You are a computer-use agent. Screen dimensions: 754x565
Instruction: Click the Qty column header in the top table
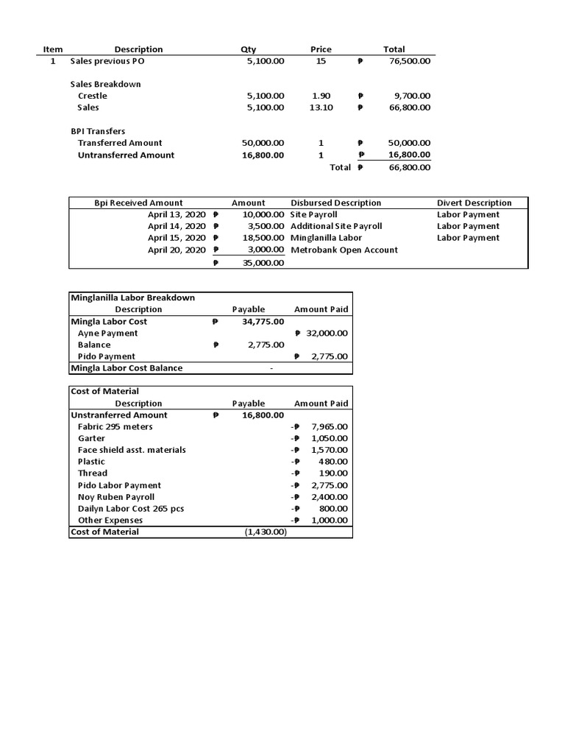(248, 49)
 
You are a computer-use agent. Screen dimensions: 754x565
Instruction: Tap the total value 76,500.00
(410, 61)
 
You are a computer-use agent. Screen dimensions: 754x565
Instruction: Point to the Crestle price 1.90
(321, 96)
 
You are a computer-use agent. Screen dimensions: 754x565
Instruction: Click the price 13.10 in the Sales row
(321, 108)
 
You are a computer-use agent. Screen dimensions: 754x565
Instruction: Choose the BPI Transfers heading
(97, 131)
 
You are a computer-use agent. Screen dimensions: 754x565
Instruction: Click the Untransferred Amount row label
(126, 155)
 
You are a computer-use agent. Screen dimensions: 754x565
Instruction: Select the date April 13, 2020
(177, 214)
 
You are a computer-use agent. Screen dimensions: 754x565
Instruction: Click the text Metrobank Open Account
(344, 250)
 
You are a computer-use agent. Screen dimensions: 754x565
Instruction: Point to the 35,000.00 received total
(263, 263)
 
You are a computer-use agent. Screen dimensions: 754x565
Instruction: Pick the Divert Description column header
(474, 202)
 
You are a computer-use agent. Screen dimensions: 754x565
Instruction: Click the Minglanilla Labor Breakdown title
(132, 297)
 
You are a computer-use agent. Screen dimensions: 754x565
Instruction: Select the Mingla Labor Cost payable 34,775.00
(263, 321)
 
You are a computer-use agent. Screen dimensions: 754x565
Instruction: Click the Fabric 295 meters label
(116, 426)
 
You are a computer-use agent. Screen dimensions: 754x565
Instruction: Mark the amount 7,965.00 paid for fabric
(329, 426)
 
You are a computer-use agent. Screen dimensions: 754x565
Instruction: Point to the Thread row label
(93, 473)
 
